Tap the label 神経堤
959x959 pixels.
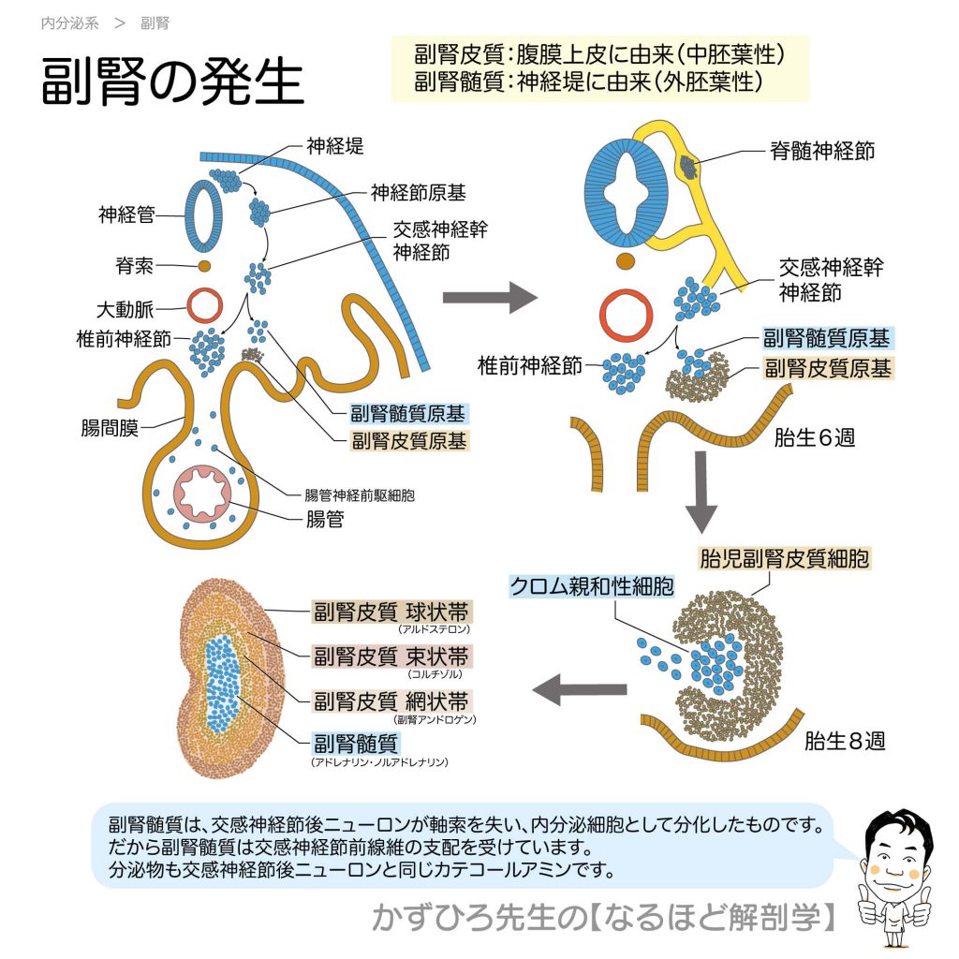click(334, 145)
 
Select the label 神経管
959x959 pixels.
click(127, 214)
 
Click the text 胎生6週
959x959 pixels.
click(814, 437)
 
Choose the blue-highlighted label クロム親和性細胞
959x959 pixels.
click(591, 586)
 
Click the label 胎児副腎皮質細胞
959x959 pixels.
click(784, 559)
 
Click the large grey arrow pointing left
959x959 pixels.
click(579, 691)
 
